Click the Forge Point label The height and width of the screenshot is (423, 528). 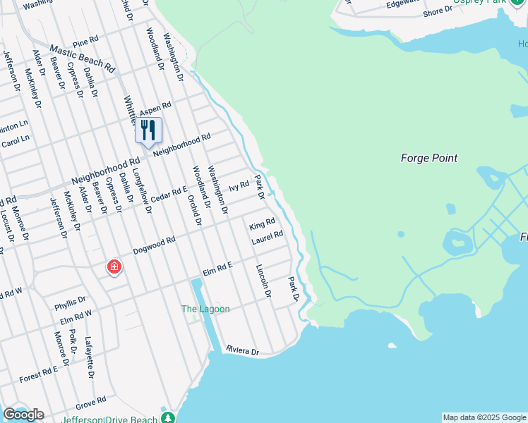(428, 158)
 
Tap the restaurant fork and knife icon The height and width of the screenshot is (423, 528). (148, 130)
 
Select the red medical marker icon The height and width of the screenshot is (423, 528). (114, 267)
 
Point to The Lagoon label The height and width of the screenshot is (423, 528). (205, 309)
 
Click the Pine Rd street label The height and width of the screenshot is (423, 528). (85, 43)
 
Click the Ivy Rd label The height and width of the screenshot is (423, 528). (239, 187)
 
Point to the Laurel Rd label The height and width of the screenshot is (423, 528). (268, 238)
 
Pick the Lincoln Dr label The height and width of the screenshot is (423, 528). (264, 281)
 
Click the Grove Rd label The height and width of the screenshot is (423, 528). (90, 403)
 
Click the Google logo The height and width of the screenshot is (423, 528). (23, 415)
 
